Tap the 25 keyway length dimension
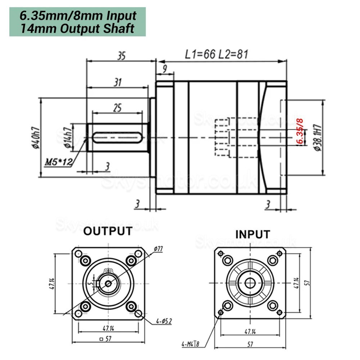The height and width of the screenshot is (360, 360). click(x=117, y=107)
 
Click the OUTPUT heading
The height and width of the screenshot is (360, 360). click(x=108, y=231)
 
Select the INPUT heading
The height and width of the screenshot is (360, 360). click(x=252, y=234)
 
